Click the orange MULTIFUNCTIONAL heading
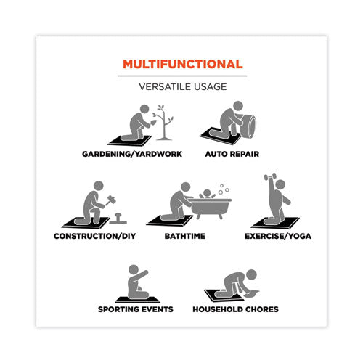click(x=183, y=64)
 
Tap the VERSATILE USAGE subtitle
click(x=183, y=86)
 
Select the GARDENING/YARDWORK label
click(x=132, y=154)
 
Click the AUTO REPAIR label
click(x=232, y=154)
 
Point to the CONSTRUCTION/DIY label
click(x=95, y=236)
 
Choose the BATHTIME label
click(x=185, y=236)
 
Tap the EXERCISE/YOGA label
click(x=278, y=236)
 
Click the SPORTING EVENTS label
click(x=136, y=309)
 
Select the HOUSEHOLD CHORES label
click(x=235, y=309)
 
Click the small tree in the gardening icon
click(x=164, y=123)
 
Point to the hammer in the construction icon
click(x=110, y=200)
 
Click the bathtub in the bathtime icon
click(x=210, y=208)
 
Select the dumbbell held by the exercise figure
click(x=269, y=176)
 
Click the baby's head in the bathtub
click(x=207, y=193)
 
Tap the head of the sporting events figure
click(x=134, y=269)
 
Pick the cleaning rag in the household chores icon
click(x=252, y=294)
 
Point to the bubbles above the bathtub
click(x=224, y=189)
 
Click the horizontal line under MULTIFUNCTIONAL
click(x=182, y=76)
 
